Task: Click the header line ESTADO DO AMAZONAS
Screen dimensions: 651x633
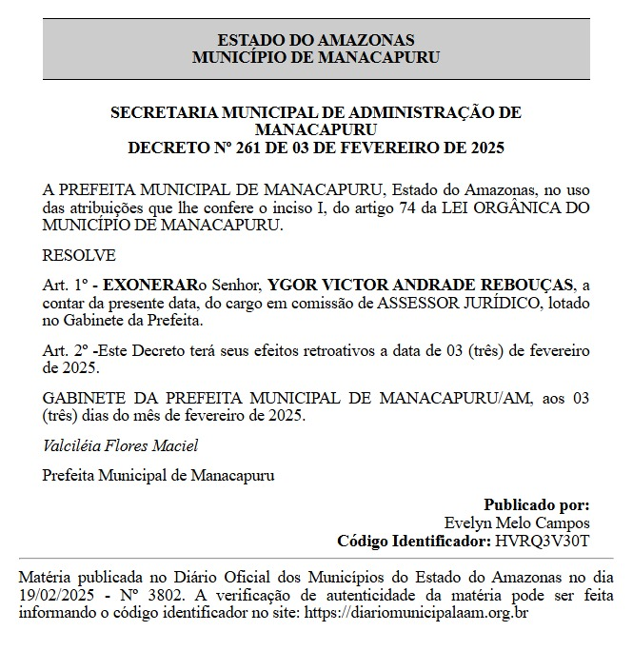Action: [316, 40]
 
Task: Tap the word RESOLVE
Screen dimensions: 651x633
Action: [79, 255]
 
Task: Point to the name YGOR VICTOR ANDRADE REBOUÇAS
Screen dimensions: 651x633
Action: [422, 285]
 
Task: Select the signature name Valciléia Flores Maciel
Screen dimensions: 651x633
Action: [121, 445]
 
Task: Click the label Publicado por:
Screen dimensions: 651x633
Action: [536, 504]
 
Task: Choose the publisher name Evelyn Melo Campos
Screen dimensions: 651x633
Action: [517, 523]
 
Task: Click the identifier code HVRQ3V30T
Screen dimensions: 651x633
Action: [543, 541]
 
